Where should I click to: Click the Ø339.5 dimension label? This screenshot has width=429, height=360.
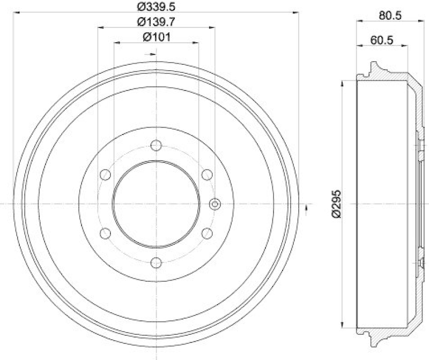pos(157,7)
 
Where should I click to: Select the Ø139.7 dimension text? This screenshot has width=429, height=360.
pos(157,22)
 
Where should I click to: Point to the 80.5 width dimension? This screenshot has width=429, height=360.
pos(390,16)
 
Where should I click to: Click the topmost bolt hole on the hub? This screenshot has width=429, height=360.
pos(156,145)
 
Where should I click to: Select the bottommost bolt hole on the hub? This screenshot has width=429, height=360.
pos(156,262)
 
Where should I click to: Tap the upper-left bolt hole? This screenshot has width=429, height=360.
pos(106,175)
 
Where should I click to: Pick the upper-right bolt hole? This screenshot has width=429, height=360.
pos(206,175)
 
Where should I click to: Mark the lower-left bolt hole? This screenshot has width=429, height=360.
pos(106,232)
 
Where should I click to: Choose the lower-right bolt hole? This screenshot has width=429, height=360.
pos(206,232)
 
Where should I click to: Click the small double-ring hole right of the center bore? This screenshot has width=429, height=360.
pos(214,204)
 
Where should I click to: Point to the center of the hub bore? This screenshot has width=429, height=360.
pos(156,204)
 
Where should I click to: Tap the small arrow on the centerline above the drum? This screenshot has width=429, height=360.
pos(152,54)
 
